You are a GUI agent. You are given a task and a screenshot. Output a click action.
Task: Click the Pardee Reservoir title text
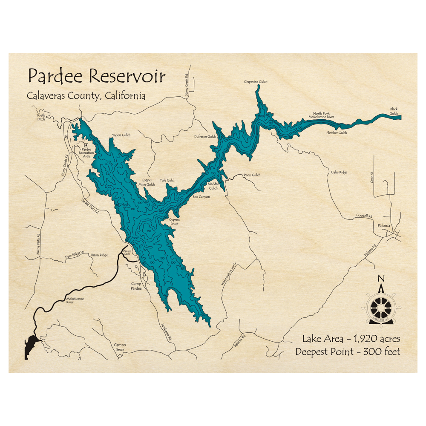click(x=96, y=77)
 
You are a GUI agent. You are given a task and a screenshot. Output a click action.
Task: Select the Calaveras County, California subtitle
click(x=86, y=96)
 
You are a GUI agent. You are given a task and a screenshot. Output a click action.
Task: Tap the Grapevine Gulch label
click(x=256, y=81)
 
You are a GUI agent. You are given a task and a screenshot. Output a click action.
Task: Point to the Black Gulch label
click(x=394, y=111)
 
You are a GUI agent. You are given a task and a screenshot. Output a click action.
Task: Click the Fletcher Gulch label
click(x=337, y=133)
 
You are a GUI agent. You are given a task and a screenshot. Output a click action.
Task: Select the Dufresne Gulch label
click(x=205, y=137)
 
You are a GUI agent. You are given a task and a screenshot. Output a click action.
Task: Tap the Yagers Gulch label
click(x=121, y=135)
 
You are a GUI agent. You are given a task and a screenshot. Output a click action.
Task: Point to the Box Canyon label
click(x=201, y=197)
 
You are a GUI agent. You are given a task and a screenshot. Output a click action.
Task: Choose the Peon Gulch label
click(x=252, y=175)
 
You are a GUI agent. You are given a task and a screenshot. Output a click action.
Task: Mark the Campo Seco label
click(x=120, y=348)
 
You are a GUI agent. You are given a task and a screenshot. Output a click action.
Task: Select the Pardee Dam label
click(x=127, y=253)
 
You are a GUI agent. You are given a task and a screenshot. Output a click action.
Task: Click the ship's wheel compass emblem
click(x=380, y=306)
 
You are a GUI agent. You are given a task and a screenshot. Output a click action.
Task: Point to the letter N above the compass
click(x=381, y=279)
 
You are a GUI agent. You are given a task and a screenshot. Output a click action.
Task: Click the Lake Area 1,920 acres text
click(x=351, y=339)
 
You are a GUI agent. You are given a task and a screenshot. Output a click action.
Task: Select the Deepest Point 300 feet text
click(x=348, y=352)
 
